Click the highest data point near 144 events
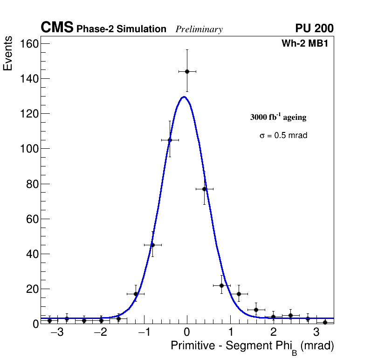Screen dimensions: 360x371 [x=187, y=71]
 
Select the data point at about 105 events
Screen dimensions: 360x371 [x=170, y=140]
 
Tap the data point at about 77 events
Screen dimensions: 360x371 [x=204, y=189]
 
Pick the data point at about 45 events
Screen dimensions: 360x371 [x=152, y=245]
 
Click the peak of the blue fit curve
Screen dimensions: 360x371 [x=184, y=97]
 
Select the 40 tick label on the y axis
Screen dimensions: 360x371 [x=29, y=254]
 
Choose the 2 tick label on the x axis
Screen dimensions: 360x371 [x=273, y=332]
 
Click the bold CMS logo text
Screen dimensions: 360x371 [x=57, y=28]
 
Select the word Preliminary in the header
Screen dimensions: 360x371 [x=199, y=29]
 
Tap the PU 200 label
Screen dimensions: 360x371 [x=314, y=28]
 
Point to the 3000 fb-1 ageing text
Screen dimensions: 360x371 [x=278, y=117]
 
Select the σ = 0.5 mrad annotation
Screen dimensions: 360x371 [x=283, y=136]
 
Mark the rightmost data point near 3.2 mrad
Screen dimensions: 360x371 [x=325, y=322]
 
